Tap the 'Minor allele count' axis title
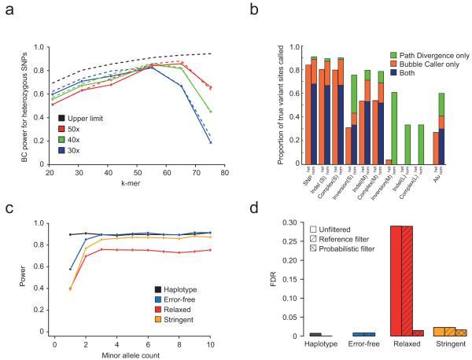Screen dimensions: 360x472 132,354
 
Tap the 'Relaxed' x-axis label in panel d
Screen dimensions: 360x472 401,344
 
